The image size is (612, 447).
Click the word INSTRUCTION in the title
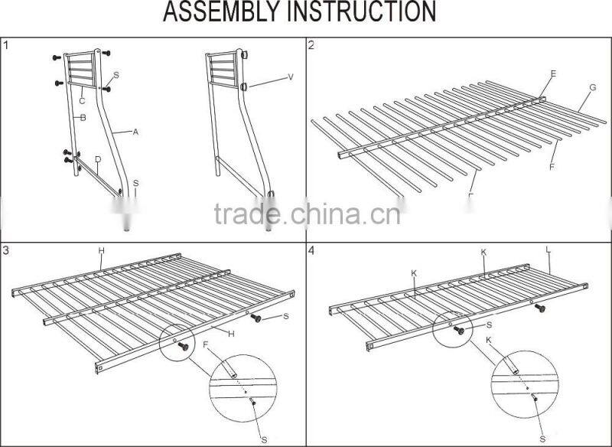click(366, 13)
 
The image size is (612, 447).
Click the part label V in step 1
click(291, 77)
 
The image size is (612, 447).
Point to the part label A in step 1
click(135, 132)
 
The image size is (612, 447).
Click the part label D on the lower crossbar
click(98, 159)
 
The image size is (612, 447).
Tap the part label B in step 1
click(82, 117)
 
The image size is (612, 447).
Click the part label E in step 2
click(553, 73)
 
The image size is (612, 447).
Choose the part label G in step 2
click(591, 87)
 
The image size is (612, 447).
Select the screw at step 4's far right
click(540, 308)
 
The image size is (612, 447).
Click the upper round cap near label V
click(246, 54)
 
